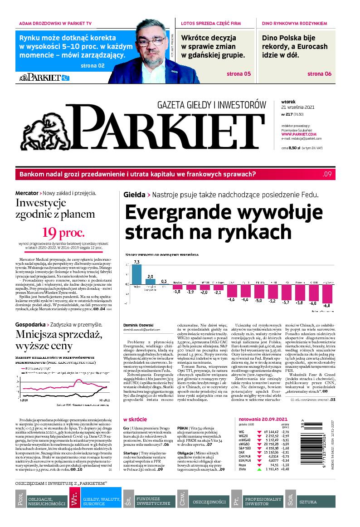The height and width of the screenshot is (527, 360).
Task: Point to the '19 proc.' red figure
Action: click(63, 233)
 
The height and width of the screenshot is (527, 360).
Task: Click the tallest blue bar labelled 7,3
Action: click(136, 273)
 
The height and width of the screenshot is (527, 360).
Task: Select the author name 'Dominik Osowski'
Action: click(138, 325)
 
